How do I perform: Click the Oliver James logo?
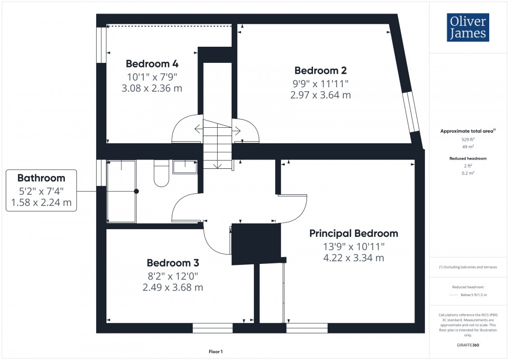(468, 28)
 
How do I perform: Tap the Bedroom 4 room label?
(152, 64)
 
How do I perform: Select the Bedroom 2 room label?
(320, 71)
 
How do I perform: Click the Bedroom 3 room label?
(172, 263)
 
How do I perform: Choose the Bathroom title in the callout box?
(41, 178)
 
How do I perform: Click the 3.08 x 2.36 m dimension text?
(152, 88)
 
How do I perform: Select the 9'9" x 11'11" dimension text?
(320, 84)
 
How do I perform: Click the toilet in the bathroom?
(161, 175)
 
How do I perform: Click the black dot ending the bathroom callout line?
(137, 191)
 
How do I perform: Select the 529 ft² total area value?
(468, 140)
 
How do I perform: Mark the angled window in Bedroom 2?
(413, 112)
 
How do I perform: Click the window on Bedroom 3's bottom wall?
(212, 328)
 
